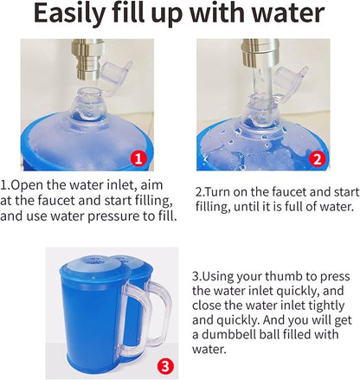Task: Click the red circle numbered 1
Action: pos(138,158)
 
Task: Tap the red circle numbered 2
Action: pos(317,159)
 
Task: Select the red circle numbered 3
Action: pos(166,366)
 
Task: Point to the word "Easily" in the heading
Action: pos(69,14)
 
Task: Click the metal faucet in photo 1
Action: pos(87,59)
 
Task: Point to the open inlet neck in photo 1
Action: pos(87,104)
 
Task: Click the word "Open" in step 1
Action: pos(27,185)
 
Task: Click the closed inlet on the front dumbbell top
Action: pos(94,261)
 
